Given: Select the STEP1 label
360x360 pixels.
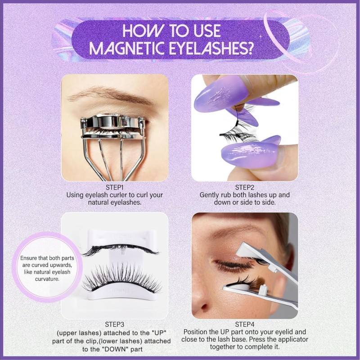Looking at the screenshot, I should (115, 187).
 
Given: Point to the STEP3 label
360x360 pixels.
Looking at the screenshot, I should (115, 324).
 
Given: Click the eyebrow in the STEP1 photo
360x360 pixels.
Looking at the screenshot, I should (108, 95).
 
